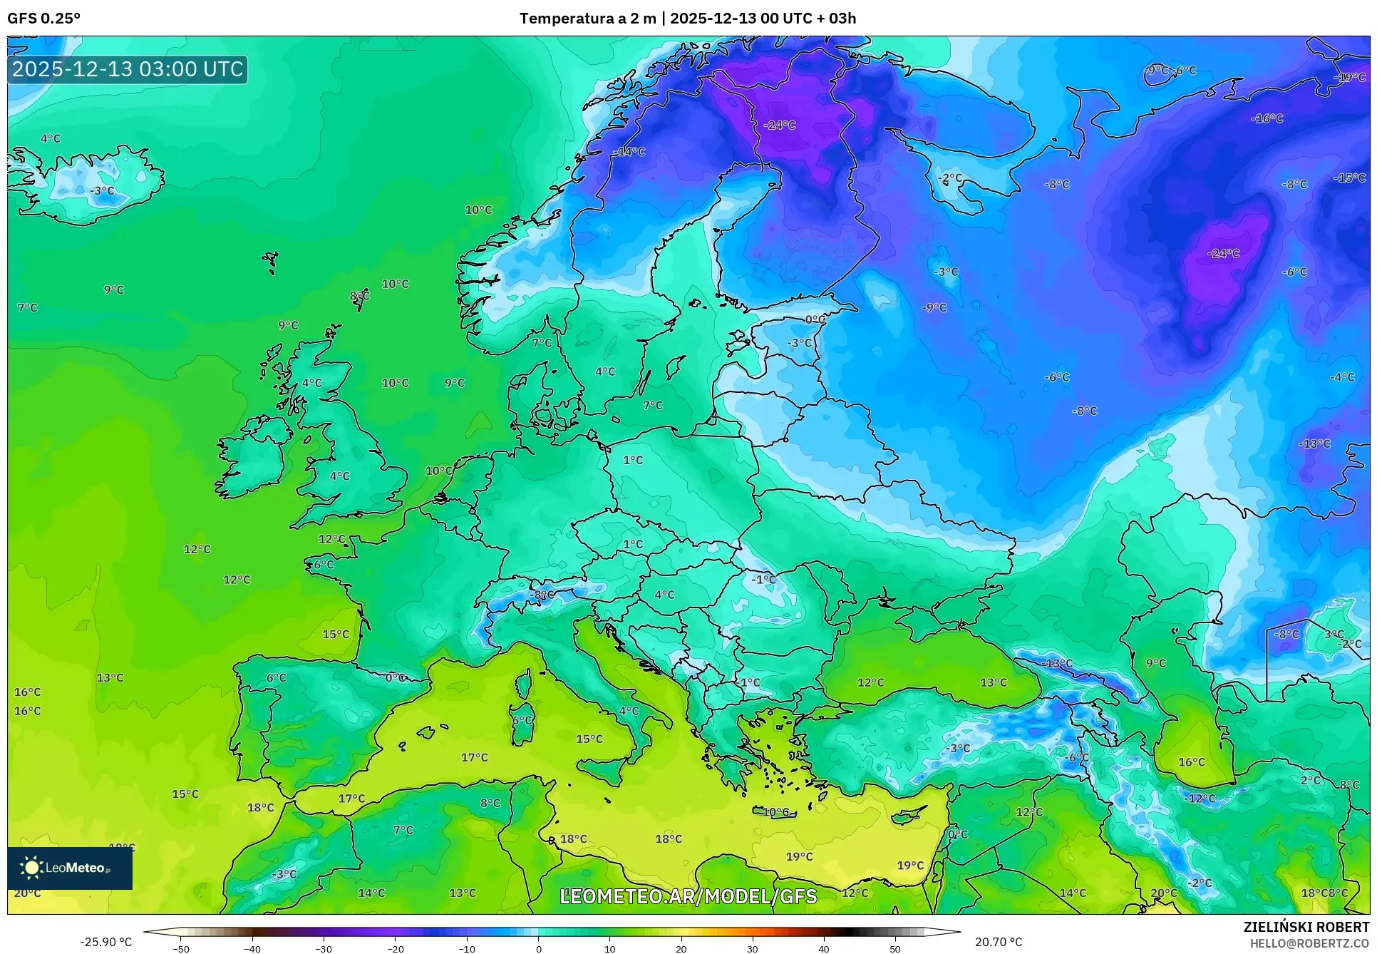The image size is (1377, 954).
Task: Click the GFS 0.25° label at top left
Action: pyautogui.click(x=43, y=19)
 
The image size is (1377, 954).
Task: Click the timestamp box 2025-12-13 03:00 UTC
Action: pyautogui.click(x=128, y=69)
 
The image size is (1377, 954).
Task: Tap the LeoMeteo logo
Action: pyautogui.click(x=69, y=868)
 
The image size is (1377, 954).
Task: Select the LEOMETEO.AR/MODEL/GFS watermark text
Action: pyautogui.click(x=688, y=896)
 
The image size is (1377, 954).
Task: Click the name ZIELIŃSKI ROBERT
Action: pyautogui.click(x=1306, y=927)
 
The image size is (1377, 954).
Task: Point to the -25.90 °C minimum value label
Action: pyautogui.click(x=105, y=942)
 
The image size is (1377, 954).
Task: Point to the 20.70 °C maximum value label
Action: pyautogui.click(x=998, y=942)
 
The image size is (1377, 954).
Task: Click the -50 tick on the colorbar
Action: pyautogui.click(x=181, y=949)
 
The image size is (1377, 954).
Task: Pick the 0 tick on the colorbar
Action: pyautogui.click(x=538, y=949)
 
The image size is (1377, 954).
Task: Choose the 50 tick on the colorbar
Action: pyautogui.click(x=895, y=949)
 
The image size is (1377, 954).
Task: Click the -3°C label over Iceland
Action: pyautogui.click(x=102, y=191)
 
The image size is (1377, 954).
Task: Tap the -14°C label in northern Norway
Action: pyautogui.click(x=629, y=152)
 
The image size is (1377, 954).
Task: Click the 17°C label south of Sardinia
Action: pyautogui.click(x=474, y=757)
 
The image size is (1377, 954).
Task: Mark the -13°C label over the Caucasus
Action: pyautogui.click(x=1057, y=663)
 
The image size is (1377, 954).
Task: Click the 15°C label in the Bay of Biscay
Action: pyautogui.click(x=336, y=634)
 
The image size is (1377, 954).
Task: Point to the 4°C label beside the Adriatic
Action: pyautogui.click(x=629, y=711)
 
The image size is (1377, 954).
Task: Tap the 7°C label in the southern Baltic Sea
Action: pyautogui.click(x=652, y=405)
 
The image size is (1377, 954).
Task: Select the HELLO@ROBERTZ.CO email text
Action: pyautogui.click(x=1309, y=943)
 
